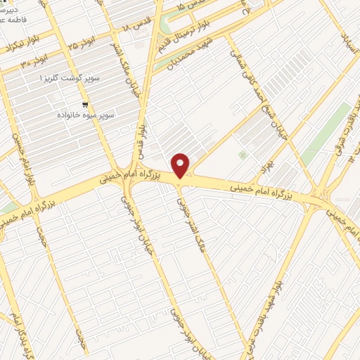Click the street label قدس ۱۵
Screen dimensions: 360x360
[x=193, y=6]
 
